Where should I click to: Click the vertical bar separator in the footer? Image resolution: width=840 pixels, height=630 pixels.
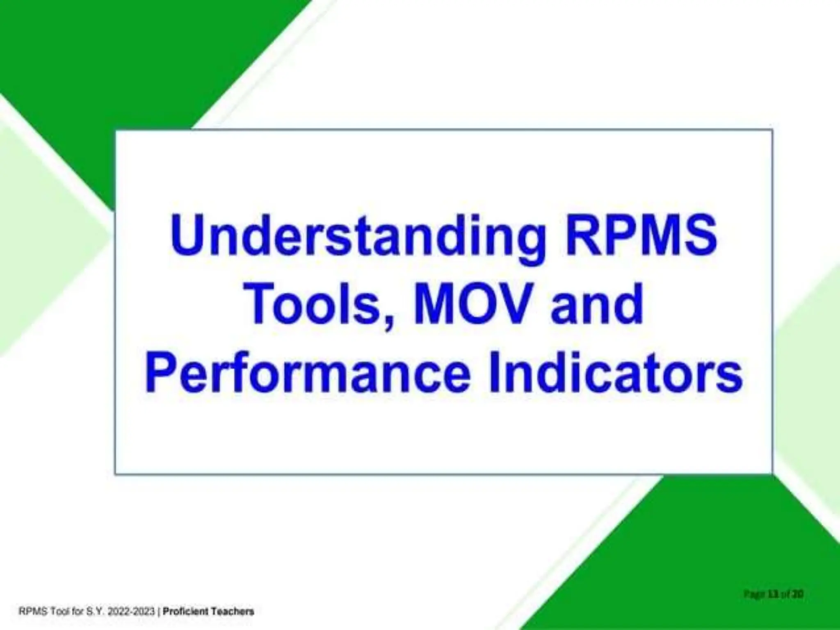[x=159, y=612]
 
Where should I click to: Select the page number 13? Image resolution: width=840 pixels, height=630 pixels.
[x=774, y=593]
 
